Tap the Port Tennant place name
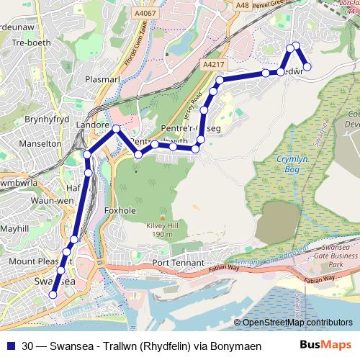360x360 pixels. point(174,264)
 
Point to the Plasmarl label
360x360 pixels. point(107,79)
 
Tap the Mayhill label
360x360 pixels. point(14,228)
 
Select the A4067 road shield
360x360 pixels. point(144,13)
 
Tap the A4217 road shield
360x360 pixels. point(214,64)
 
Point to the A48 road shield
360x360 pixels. point(244,6)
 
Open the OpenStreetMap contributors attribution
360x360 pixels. point(297,323)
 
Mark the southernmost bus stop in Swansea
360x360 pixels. point(53,294)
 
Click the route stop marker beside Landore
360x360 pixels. point(117,129)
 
